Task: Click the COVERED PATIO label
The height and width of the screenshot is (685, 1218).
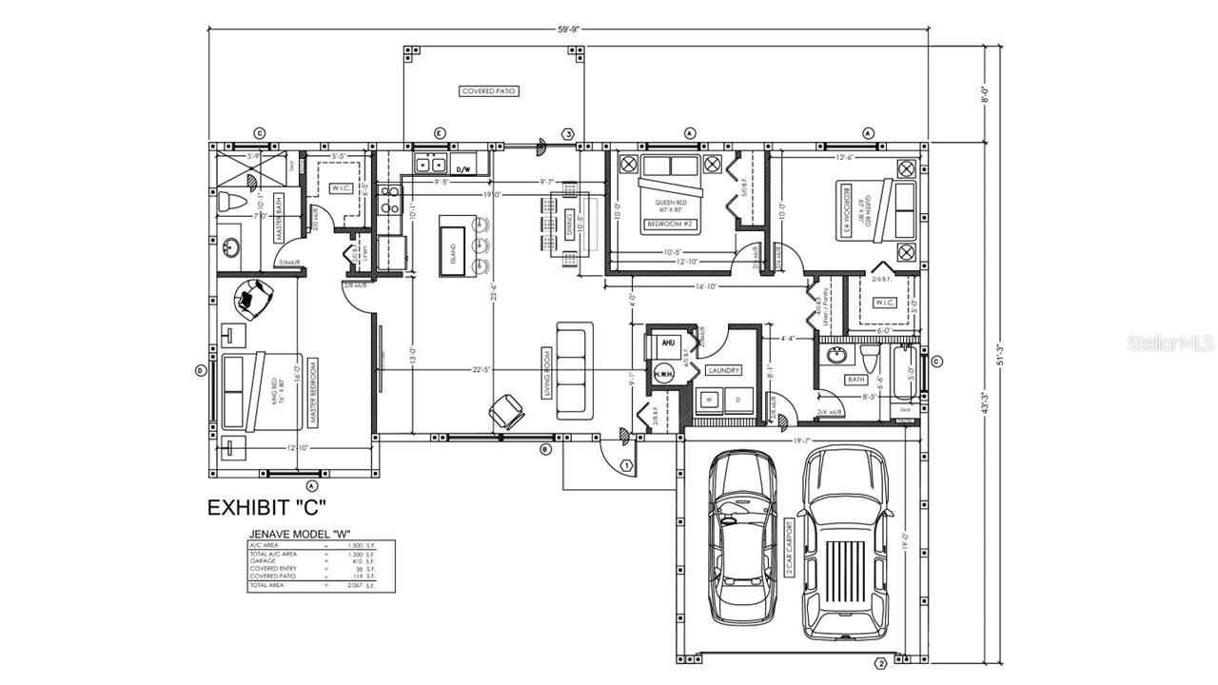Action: pos(489,91)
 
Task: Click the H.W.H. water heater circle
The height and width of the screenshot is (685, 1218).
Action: pos(663,375)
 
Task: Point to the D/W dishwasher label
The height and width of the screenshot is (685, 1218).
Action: pos(463,169)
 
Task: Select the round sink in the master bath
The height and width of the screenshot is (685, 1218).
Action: pos(230,249)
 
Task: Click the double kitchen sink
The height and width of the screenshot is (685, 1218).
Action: pos(430,165)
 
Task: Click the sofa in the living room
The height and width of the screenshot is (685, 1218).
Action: pos(574,369)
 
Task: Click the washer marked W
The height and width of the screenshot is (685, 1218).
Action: pos(709,401)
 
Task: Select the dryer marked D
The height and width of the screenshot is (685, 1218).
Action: pos(737,401)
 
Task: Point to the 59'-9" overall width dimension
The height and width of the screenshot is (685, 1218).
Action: pos(568,29)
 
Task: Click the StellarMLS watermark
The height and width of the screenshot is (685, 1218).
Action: pos(1170,342)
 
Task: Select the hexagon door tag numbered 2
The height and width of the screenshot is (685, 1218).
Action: pos(880,663)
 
